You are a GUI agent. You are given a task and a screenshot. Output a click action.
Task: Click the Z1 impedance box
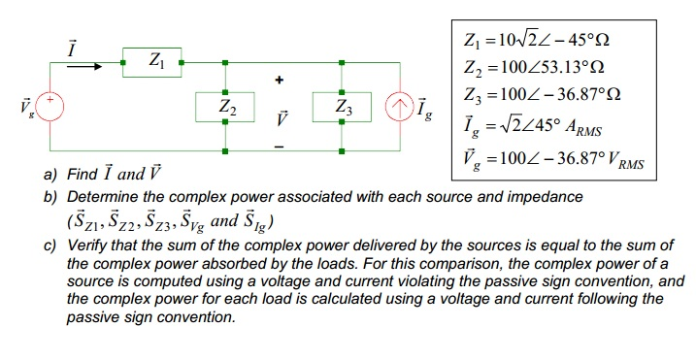[x=150, y=62]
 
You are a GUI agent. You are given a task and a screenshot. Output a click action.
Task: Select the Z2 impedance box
[x=225, y=106]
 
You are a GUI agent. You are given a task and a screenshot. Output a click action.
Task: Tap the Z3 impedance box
[x=343, y=106]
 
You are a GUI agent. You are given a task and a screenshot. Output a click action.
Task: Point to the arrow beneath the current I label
[x=83, y=68]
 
